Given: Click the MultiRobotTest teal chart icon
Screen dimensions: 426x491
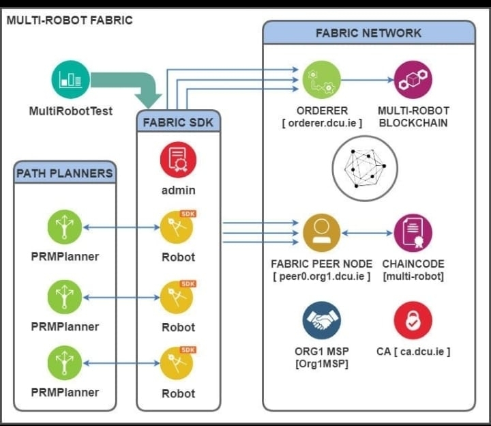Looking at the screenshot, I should click(x=71, y=79).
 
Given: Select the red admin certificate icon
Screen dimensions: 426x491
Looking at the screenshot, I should click(x=178, y=160).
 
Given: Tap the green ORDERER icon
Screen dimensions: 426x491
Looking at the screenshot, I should click(x=321, y=79).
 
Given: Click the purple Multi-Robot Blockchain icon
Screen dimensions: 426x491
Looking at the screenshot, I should click(x=413, y=79).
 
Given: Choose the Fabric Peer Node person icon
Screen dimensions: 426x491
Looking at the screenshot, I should click(x=321, y=232).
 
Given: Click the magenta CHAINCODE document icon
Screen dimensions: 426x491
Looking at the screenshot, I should click(x=413, y=232).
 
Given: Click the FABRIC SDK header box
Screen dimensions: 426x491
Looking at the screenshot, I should click(x=178, y=124).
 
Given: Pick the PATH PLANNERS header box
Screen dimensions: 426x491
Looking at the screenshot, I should click(x=65, y=173).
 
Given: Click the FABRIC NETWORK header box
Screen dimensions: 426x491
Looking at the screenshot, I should click(x=368, y=33).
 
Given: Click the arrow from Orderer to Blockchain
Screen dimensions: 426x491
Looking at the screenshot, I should click(x=367, y=79).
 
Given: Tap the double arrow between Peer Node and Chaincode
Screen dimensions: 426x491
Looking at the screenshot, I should click(x=367, y=232).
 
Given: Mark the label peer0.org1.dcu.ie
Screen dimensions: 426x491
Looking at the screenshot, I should click(x=321, y=276).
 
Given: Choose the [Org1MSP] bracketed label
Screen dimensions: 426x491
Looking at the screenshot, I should click(x=321, y=364).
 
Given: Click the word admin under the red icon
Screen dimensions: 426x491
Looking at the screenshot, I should click(x=178, y=190).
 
